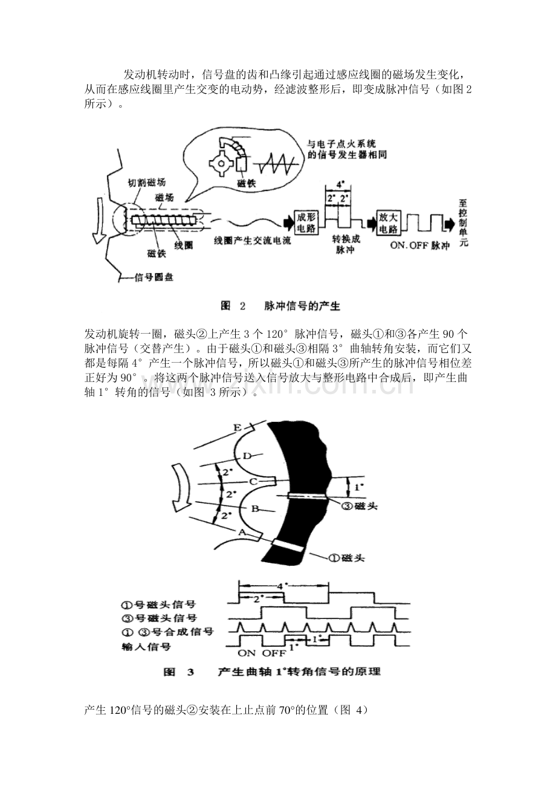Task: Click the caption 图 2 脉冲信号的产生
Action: (x=280, y=306)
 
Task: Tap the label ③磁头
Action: (x=360, y=506)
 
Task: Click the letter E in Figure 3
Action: (x=238, y=428)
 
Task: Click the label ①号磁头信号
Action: (x=159, y=604)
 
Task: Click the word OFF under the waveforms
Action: (x=274, y=653)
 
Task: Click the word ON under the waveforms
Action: (x=247, y=653)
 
